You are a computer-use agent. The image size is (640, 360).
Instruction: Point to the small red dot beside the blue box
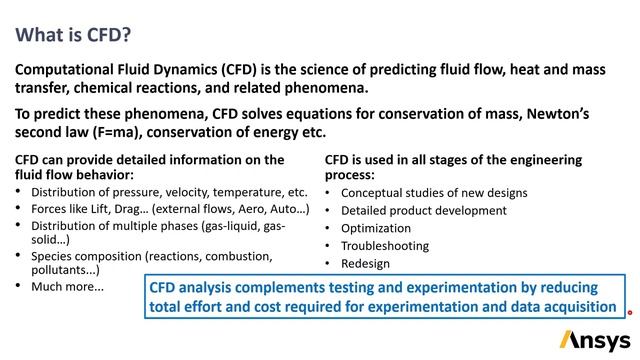coord(629,312)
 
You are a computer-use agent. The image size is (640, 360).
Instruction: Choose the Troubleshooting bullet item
coord(384,246)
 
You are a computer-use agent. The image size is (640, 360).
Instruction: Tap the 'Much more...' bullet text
coord(67,287)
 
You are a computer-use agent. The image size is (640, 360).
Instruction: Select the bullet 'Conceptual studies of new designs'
coord(434,192)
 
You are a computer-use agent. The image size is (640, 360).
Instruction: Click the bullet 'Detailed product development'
coord(424,210)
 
